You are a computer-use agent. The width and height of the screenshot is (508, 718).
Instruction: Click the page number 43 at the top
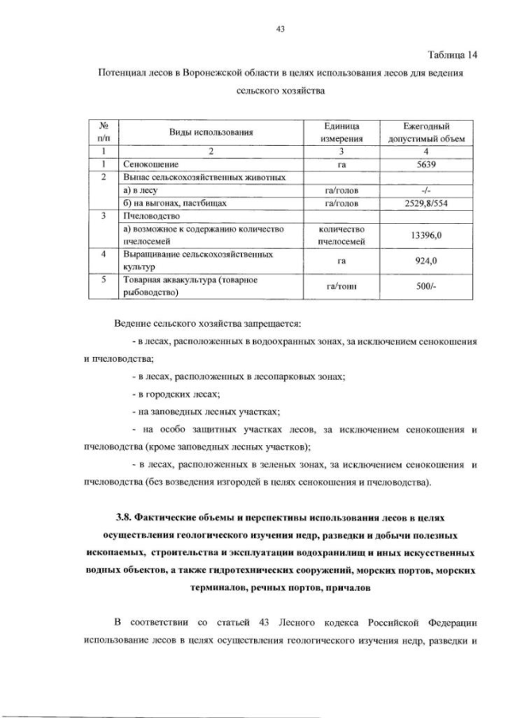pyautogui.click(x=279, y=29)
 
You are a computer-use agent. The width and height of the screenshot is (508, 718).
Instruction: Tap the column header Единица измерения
pyautogui.click(x=344, y=132)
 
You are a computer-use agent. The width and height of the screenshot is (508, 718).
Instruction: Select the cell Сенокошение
pyautogui.click(x=150, y=164)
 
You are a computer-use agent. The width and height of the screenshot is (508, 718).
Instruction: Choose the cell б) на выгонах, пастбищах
pyautogui.click(x=175, y=203)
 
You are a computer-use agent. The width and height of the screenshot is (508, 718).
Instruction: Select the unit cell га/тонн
pyautogui.click(x=344, y=286)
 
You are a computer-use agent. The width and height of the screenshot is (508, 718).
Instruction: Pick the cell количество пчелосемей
pyautogui.click(x=344, y=236)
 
